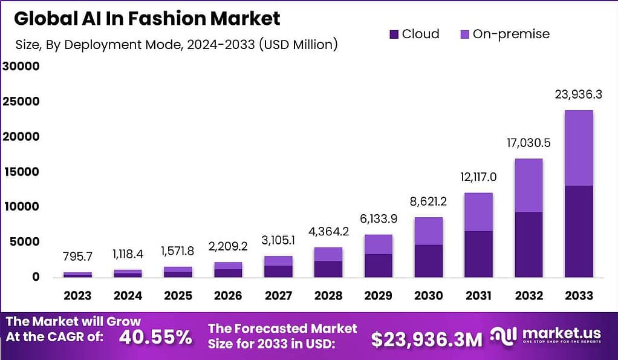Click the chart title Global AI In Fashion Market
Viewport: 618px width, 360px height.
click(147, 19)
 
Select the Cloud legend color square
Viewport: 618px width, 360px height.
click(394, 34)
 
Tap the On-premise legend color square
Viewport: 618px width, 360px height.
click(464, 34)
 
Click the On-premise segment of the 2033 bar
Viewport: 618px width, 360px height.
click(578, 148)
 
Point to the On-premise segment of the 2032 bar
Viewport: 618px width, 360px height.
click(529, 185)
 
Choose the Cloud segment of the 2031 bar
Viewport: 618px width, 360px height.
click(478, 254)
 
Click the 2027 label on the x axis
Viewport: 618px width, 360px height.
click(278, 296)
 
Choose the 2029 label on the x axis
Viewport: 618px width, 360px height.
click(378, 296)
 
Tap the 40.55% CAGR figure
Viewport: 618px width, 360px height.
click(155, 337)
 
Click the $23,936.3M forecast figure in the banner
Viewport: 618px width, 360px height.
click(426, 339)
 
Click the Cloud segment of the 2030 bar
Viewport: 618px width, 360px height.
click(428, 261)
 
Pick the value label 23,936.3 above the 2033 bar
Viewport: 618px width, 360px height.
click(578, 95)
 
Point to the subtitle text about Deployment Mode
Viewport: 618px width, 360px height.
click(175, 44)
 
